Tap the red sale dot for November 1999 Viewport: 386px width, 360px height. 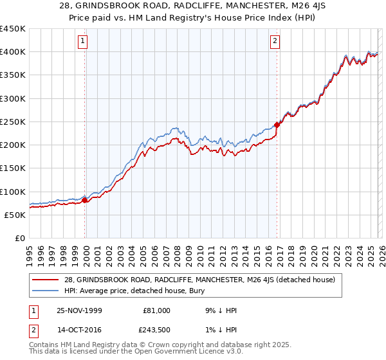(x=85, y=201)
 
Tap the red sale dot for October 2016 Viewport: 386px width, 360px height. (x=277, y=125)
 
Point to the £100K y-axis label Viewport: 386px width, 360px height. (x=13, y=192)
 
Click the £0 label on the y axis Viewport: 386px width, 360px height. (x=19, y=238)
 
